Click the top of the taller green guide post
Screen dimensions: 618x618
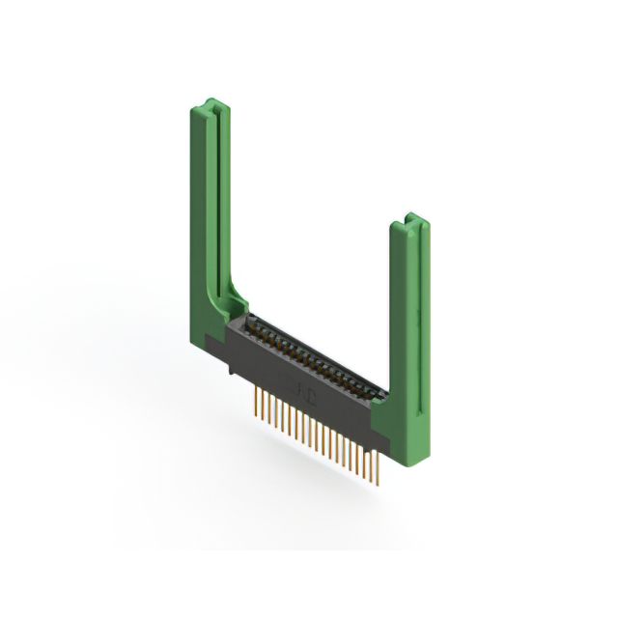tap(211, 105)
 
